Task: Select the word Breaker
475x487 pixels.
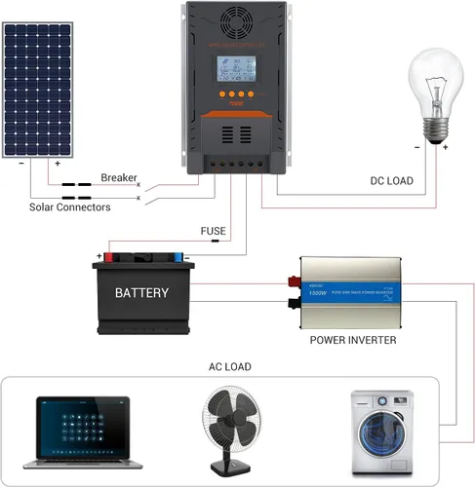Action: (x=119, y=177)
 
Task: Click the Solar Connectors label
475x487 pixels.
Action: (x=69, y=206)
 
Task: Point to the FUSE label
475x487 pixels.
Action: (x=213, y=231)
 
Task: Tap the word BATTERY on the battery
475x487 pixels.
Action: (x=141, y=292)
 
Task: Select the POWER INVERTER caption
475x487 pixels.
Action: (x=352, y=340)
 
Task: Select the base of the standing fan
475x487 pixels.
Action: (x=234, y=470)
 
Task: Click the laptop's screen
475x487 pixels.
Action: (x=83, y=421)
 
